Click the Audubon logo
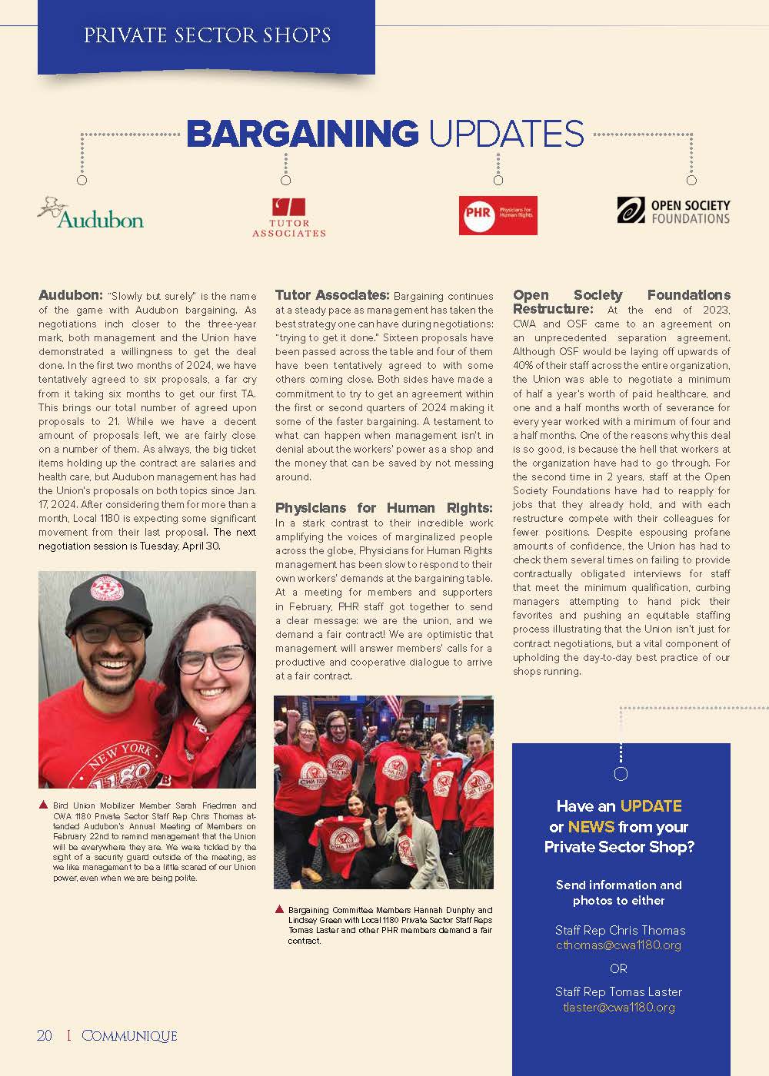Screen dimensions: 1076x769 coord(91,214)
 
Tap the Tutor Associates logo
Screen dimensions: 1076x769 coord(289,218)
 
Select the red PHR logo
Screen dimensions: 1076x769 coord(498,215)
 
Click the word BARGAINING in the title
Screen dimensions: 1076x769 coord(302,134)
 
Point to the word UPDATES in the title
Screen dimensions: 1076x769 coord(506,134)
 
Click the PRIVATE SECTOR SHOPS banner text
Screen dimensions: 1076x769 coord(207,35)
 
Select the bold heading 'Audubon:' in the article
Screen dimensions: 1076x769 coord(70,295)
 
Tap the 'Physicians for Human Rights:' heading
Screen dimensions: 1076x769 coord(384,508)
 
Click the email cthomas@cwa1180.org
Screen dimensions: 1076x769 coord(618,945)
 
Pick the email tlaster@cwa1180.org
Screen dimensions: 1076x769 coord(618,1007)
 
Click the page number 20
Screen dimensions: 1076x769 coord(45,1036)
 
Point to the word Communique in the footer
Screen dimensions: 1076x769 coord(129,1036)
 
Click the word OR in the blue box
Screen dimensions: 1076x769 coord(618,968)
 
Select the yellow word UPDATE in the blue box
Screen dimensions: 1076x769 coord(651,806)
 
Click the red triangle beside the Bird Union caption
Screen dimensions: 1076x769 coord(43,805)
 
